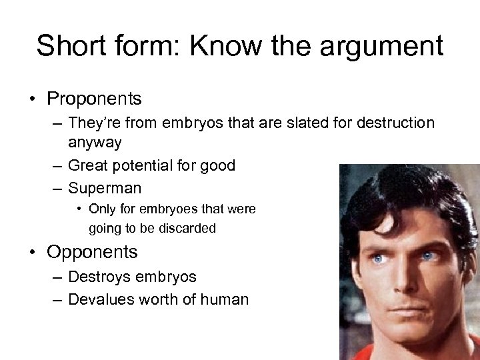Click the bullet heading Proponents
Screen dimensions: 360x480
pyautogui.click(x=94, y=99)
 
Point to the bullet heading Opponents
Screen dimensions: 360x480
pyautogui.click(x=92, y=252)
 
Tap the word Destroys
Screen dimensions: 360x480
pyautogui.click(x=99, y=276)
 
